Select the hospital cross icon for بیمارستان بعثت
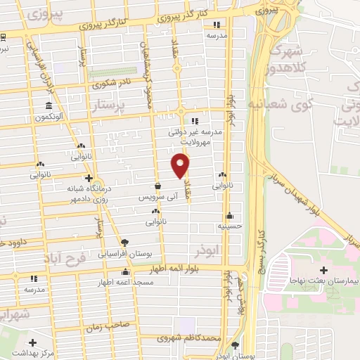tap(323, 270)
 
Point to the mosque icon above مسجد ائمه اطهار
tap(126, 272)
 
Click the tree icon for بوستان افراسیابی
tap(124, 241)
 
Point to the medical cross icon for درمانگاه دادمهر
tap(89, 178)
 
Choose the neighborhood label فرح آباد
tap(75, 260)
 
